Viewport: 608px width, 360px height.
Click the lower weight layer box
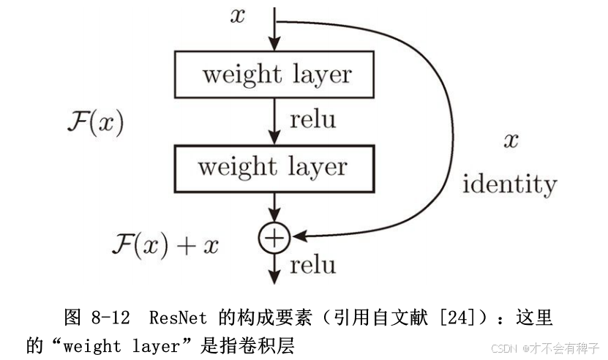click(x=274, y=167)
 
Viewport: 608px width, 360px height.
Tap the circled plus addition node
click(x=274, y=236)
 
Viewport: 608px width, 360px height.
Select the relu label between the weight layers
click(x=313, y=119)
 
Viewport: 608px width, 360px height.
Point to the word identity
click(x=509, y=183)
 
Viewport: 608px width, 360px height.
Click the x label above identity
click(x=510, y=139)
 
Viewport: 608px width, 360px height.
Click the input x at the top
click(x=238, y=16)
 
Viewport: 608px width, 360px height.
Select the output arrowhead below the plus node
click(x=274, y=277)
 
